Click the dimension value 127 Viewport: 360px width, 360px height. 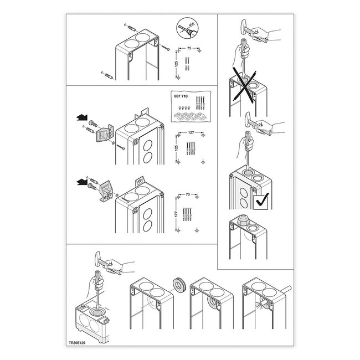point(191,132)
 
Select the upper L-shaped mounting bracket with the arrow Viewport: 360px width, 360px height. point(104,133)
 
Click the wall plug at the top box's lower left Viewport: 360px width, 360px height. point(109,75)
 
